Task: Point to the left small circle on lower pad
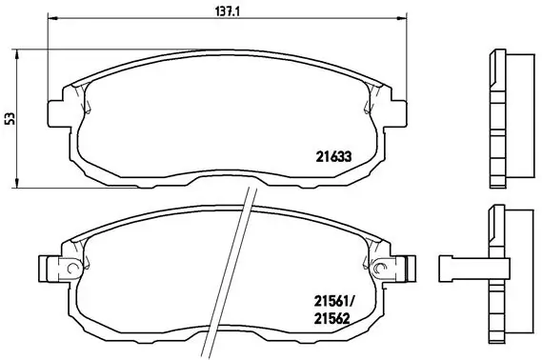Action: [70, 265]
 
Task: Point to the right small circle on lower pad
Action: [381, 265]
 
